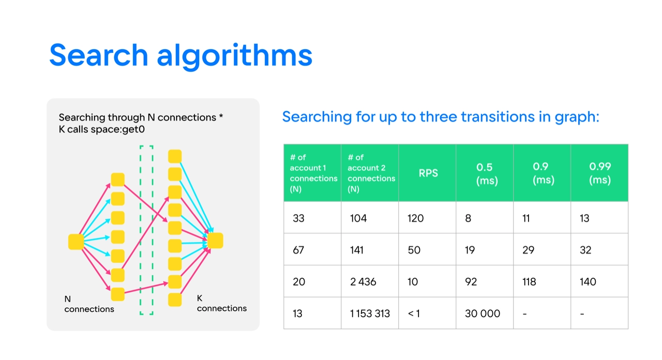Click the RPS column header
coord(428,173)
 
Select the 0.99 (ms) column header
coord(599,173)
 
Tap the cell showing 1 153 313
coord(370,313)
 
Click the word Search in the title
coord(99,55)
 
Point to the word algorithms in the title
coord(235,56)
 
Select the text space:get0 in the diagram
coord(117,129)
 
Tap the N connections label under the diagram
coord(89,304)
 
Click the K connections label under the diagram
coord(222,303)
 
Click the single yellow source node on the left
coord(76,242)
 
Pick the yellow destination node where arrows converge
coord(215,241)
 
